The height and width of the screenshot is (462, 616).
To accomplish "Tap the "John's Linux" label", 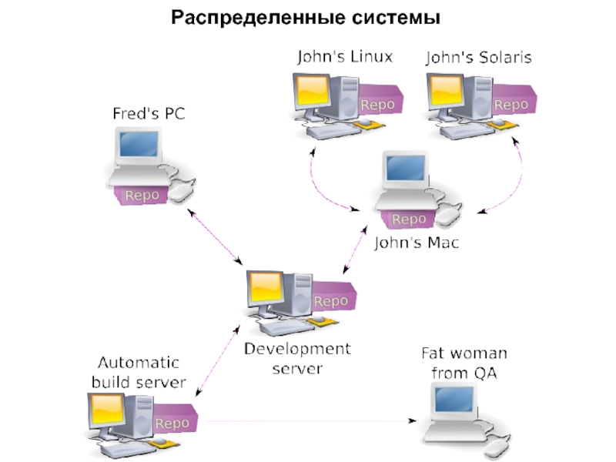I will coord(344,57).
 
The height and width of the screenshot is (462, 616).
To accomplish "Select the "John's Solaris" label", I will coord(478,57).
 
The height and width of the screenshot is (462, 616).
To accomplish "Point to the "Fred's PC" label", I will coord(149,114).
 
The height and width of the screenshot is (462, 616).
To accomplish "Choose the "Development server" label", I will coord(297,359).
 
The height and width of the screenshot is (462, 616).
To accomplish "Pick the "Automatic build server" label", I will coord(139,372).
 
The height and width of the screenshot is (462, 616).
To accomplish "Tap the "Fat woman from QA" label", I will coord(464,363).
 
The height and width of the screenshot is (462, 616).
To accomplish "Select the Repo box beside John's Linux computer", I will coord(377,104).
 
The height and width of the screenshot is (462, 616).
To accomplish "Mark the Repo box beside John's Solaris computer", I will coord(511,104).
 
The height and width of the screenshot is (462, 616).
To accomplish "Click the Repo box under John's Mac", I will coord(408,219).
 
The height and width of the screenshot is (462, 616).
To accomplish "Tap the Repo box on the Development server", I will coord(331,301).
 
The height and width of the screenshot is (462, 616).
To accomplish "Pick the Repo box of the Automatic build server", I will coord(172,423).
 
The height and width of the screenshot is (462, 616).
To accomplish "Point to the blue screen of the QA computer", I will coord(452,400).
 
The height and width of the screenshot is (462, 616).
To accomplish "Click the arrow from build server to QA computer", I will coord(308,421).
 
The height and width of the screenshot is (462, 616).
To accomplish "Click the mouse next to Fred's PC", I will coord(182,189).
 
